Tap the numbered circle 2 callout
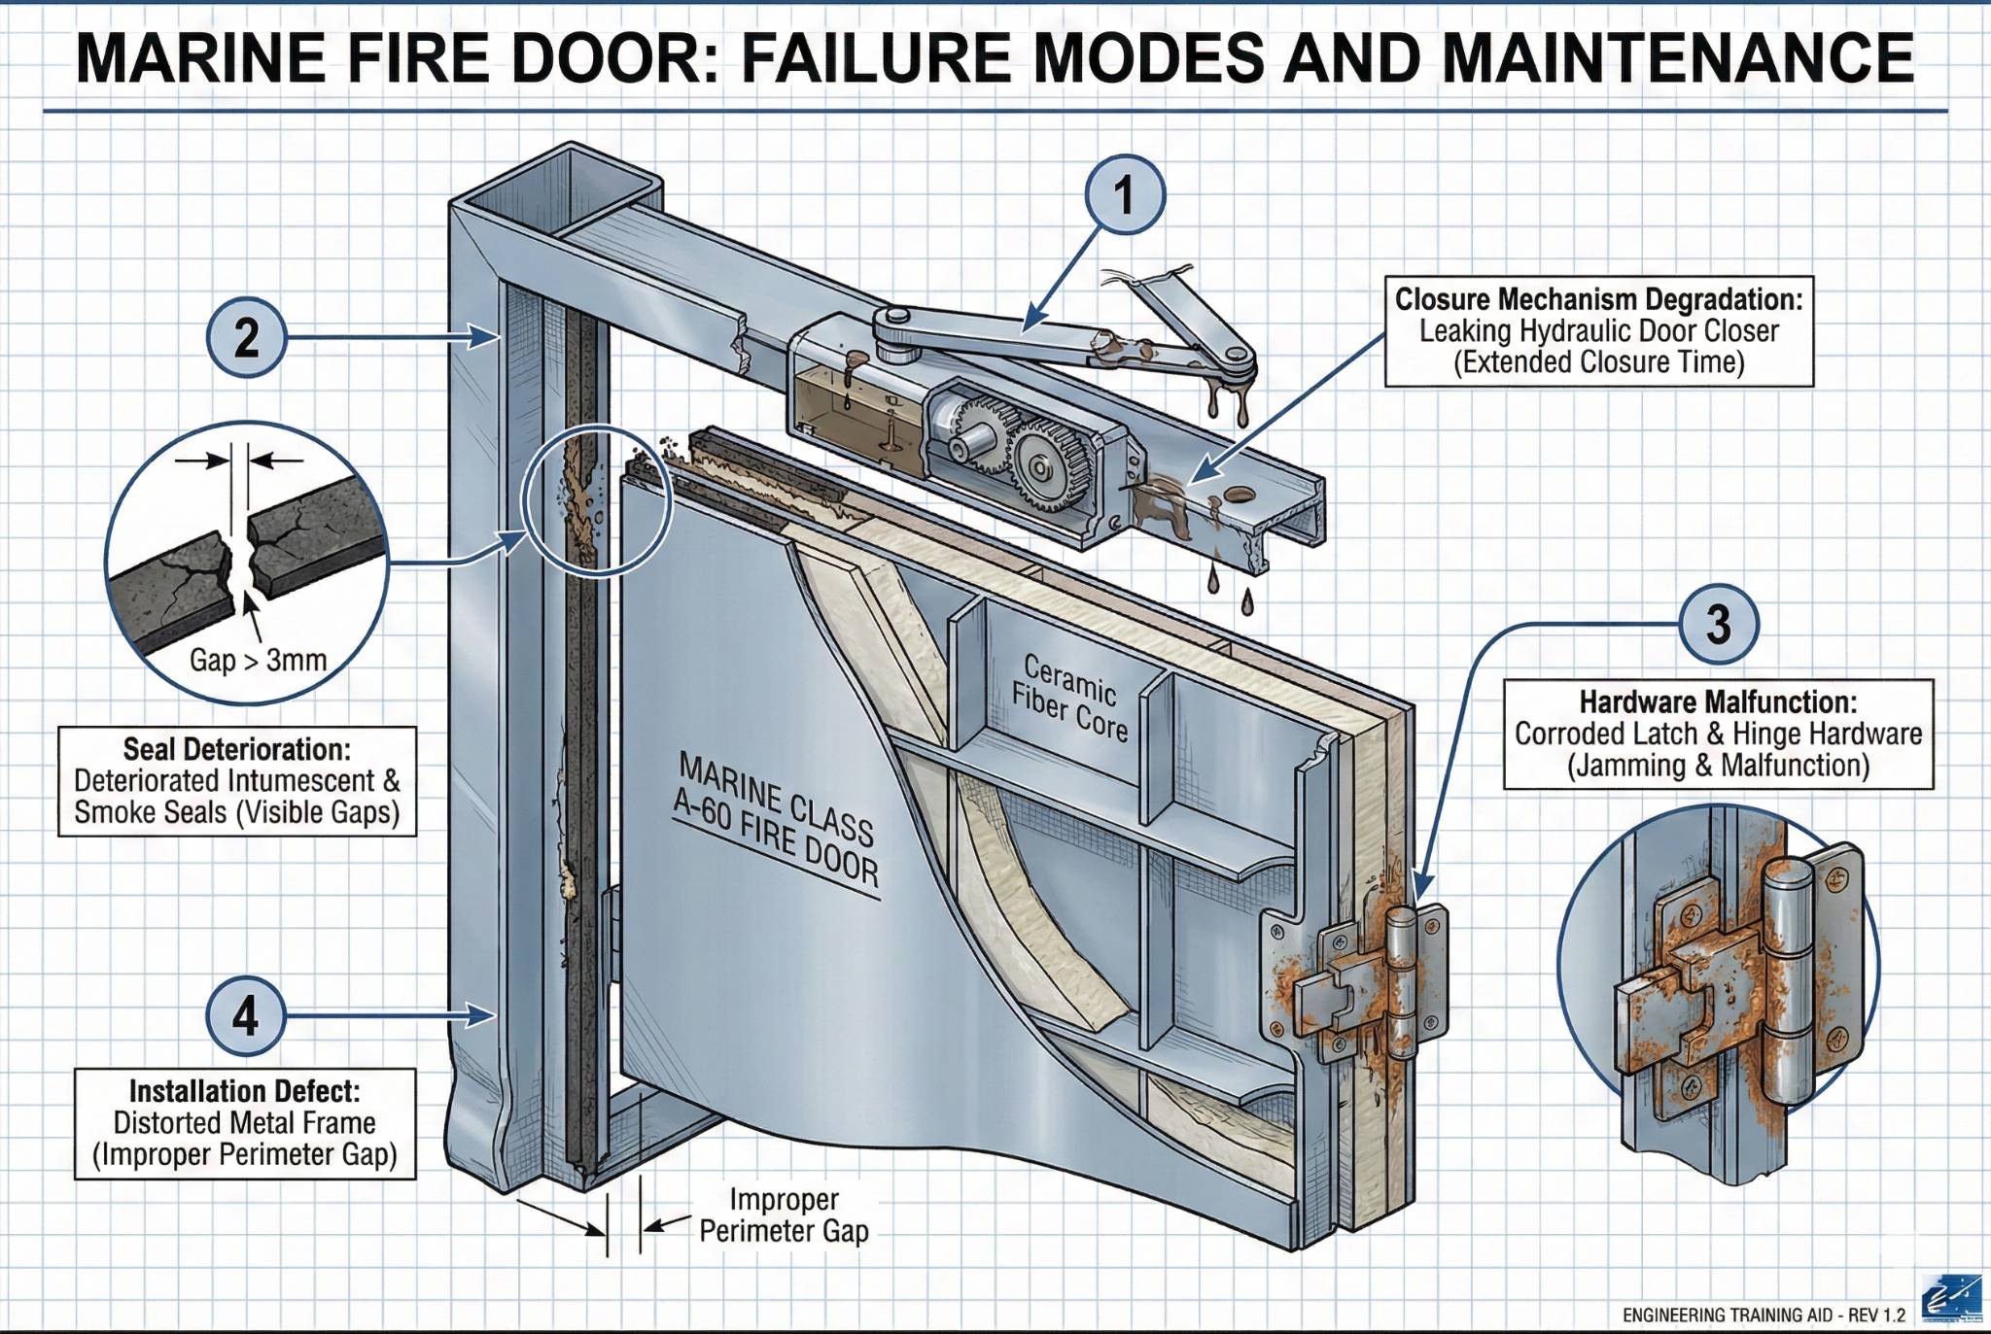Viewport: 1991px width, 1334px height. [246, 338]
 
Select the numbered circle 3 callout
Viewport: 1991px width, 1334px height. [1719, 624]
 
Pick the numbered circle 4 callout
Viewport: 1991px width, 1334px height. [246, 1016]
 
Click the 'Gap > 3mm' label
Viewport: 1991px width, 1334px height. [258, 661]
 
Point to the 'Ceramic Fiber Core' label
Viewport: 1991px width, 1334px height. [1069, 698]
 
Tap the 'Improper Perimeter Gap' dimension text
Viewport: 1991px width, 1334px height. [784, 1215]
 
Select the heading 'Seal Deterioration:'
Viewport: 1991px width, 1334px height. [236, 749]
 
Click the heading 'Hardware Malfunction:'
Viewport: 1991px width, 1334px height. [1718, 701]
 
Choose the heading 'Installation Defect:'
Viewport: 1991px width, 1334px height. [244, 1091]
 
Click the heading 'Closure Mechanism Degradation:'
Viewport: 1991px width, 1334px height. [1598, 299]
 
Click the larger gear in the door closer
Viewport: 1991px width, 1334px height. [1042, 469]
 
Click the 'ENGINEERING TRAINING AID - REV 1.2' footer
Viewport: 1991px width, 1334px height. [1764, 1316]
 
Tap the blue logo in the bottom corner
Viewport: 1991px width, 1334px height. [1953, 1299]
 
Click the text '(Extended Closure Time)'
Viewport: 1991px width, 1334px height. [1598, 362]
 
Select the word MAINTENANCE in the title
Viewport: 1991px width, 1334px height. [1678, 58]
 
